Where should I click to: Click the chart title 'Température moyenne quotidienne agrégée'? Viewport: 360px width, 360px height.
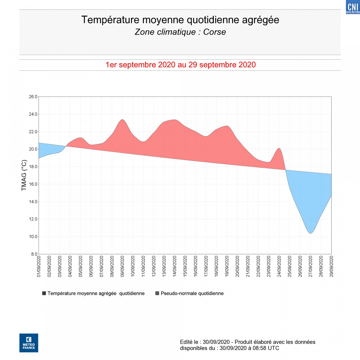180,20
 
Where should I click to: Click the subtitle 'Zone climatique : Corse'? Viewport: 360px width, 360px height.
180,32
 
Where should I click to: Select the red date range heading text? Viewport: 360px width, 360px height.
181,65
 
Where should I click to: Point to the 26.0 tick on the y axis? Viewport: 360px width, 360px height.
33,97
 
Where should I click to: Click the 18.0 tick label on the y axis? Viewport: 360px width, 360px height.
33,167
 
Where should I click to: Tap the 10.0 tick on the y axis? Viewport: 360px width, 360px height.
33,237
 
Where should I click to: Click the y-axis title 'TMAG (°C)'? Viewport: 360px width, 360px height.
24,175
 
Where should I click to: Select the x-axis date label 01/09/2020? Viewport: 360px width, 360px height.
39,266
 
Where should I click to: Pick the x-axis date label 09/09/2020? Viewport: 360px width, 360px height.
122,266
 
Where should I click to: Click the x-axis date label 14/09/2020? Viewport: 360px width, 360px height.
175,266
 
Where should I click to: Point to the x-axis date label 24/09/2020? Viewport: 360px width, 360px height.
279,266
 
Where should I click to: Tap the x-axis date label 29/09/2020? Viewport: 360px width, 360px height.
331,266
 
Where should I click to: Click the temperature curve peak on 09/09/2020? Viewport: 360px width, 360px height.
122,120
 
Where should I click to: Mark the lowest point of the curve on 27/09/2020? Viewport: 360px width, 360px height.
310,233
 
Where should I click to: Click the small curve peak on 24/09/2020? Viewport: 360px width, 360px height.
279,148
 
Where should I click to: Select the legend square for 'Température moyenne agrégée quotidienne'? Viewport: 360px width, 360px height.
44,293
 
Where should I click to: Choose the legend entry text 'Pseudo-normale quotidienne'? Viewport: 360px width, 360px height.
192,293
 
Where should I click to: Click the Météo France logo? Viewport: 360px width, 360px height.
29,343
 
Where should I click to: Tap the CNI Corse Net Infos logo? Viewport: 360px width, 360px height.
353,7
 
